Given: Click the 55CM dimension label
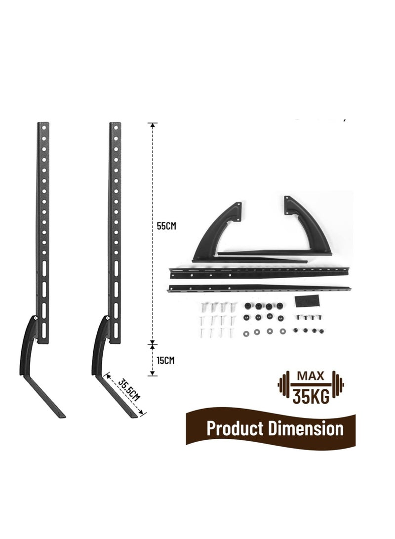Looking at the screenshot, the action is pos(166,226).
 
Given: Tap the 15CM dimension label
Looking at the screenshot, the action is pos(165,361).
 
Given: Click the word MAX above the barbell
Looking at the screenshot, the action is pos(311,375).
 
